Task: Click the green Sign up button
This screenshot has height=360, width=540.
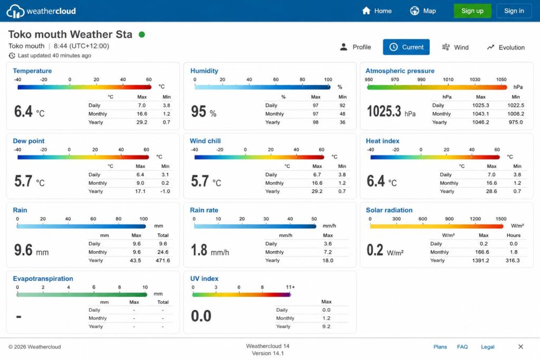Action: pyautogui.click(x=472, y=11)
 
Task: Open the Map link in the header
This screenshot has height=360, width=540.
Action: pyautogui.click(x=423, y=11)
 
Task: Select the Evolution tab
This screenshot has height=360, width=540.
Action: pyautogui.click(x=506, y=47)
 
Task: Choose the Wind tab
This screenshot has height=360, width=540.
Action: pyautogui.click(x=455, y=47)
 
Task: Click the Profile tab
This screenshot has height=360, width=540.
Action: pyautogui.click(x=355, y=47)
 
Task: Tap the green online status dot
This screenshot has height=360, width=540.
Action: pyautogui.click(x=141, y=34)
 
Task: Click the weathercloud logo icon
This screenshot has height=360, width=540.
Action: pyautogui.click(x=15, y=11)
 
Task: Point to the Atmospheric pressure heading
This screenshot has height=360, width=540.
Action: pyautogui.click(x=400, y=71)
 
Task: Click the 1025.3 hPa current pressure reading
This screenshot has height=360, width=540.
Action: pyautogui.click(x=391, y=112)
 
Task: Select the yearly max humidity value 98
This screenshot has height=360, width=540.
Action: pyautogui.click(x=315, y=122)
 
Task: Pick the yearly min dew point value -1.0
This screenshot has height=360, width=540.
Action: pyautogui.click(x=165, y=191)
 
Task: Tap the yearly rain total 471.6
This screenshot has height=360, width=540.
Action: pyautogui.click(x=163, y=260)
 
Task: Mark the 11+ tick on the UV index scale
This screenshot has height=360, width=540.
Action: pyautogui.click(x=291, y=287)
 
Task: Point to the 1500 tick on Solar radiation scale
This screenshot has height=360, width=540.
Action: pyautogui.click(x=501, y=219)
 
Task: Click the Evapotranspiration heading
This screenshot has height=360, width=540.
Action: pyautogui.click(x=43, y=279)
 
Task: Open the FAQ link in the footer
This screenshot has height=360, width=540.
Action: pyautogui.click(x=462, y=347)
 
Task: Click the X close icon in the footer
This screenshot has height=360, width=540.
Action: pyautogui.click(x=520, y=347)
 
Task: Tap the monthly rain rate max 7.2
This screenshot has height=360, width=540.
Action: pyautogui.click(x=328, y=252)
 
